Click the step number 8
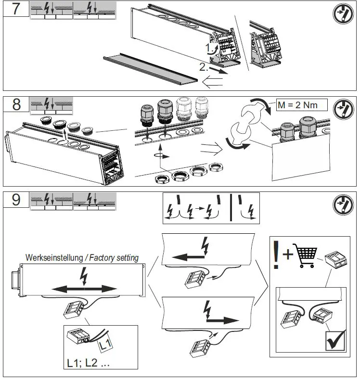click(16, 105)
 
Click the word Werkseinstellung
click(54, 258)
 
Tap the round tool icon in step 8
click(343, 109)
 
